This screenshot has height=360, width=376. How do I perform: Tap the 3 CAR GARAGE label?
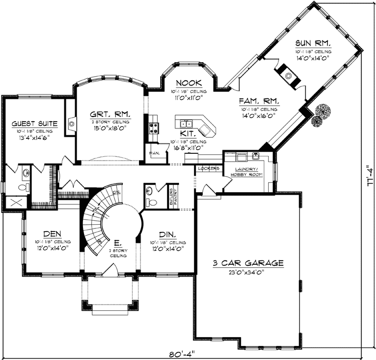coord(248,263)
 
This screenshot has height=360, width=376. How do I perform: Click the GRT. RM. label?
coord(109,113)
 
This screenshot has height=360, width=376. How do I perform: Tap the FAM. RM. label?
coord(259,100)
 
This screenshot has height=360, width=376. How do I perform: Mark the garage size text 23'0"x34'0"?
coord(248,272)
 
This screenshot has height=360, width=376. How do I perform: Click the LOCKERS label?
coord(208,169)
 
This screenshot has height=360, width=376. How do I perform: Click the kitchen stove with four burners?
coord(154,127)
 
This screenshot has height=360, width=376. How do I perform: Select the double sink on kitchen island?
coord(187,123)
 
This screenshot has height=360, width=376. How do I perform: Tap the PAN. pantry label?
coord(154,153)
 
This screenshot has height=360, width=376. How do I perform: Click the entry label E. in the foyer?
coord(117,242)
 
